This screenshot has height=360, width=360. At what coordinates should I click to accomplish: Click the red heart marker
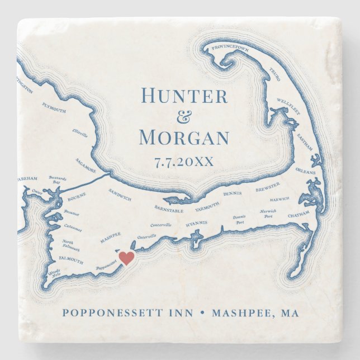tap(127, 258)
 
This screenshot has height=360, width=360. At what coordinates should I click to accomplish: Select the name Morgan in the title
tap(184, 138)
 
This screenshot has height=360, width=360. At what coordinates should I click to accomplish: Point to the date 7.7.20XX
tap(184, 161)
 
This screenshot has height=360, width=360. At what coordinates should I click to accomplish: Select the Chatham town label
tap(299, 215)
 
